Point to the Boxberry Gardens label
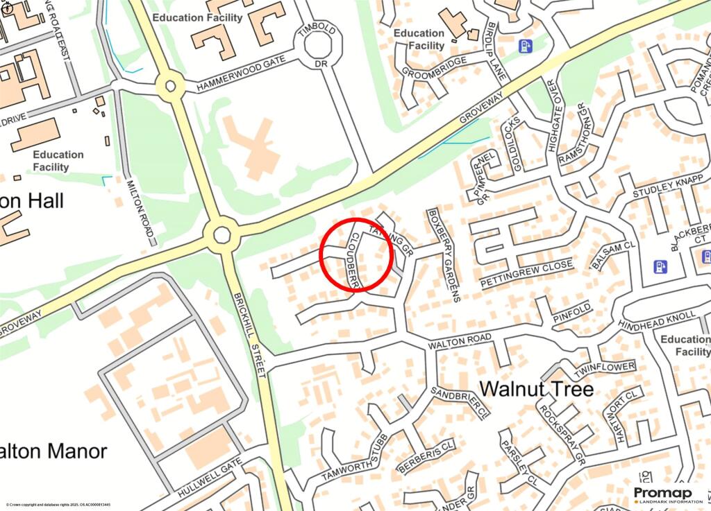pyautogui.click(x=445, y=255)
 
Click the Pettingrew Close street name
pyautogui.click(x=527, y=275)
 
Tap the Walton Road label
pyautogui.click(x=460, y=341)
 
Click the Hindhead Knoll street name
pyautogui.click(x=657, y=320)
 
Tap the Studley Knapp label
pyautogui.click(x=663, y=187)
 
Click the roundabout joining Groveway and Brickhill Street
pyautogui.click(x=221, y=234)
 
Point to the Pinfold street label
pyautogui.click(x=571, y=312)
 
